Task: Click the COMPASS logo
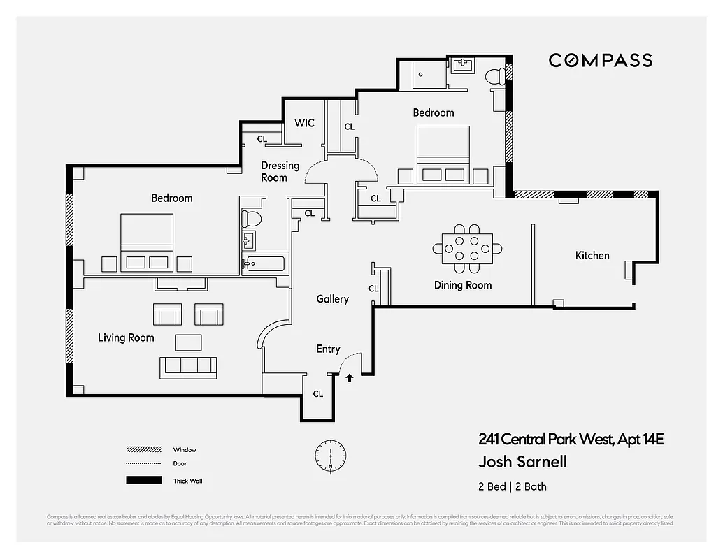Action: [600, 61]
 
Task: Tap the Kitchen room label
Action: [592, 256]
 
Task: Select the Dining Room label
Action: [462, 285]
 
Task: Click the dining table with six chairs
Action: [466, 248]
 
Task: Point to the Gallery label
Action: [332, 299]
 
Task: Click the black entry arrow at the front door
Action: [349, 378]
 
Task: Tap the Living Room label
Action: [126, 338]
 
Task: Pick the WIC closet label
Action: [304, 123]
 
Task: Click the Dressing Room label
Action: [280, 171]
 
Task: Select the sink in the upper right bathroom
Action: [462, 66]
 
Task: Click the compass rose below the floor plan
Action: [329, 455]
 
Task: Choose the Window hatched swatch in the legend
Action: [142, 449]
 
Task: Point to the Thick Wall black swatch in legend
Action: [142, 481]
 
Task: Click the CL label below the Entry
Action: [318, 394]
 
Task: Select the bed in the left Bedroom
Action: [147, 242]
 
